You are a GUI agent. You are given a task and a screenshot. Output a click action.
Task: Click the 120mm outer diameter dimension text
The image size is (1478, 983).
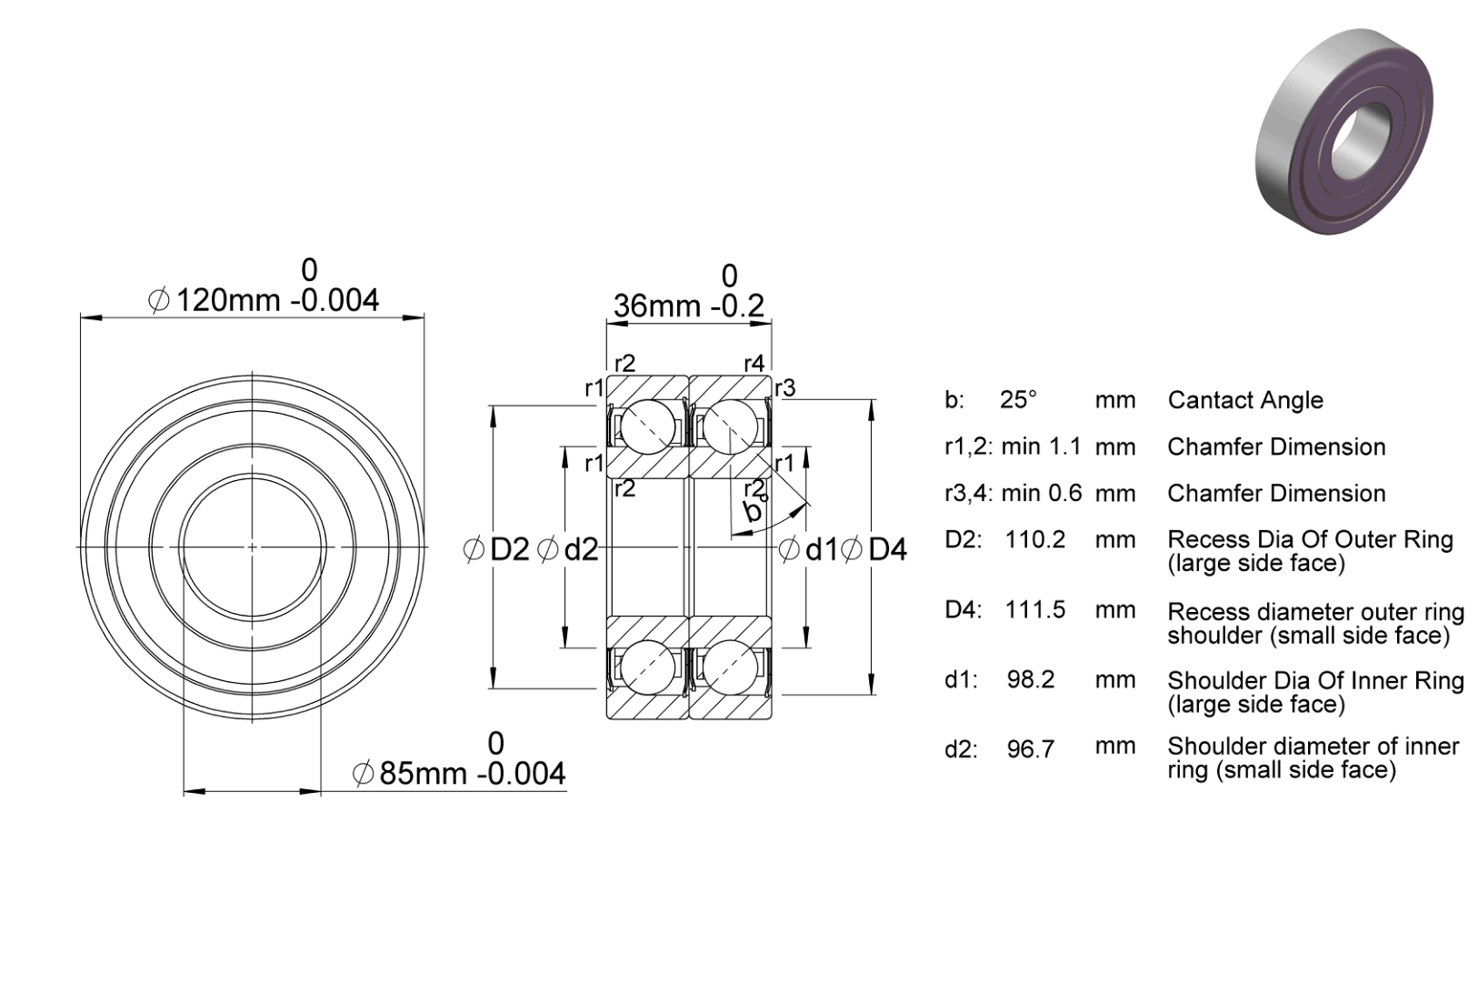pyautogui.click(x=264, y=300)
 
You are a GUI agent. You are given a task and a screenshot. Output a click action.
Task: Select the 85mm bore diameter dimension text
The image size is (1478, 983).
pyautogui.click(x=459, y=773)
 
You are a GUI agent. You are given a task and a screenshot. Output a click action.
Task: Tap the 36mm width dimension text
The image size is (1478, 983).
pyautogui.click(x=689, y=306)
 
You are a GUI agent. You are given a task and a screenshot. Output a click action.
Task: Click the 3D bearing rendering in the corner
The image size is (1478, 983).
pyautogui.click(x=1344, y=131)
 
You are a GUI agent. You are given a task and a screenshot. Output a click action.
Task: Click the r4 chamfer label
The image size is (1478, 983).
pyautogui.click(x=754, y=363)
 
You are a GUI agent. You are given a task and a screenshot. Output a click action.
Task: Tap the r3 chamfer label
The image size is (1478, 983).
pyautogui.click(x=785, y=388)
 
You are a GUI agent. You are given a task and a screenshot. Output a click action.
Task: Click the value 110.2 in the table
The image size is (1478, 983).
pyautogui.click(x=1034, y=540)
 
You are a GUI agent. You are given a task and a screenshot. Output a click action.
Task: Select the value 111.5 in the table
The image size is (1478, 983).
pyautogui.click(x=1034, y=609)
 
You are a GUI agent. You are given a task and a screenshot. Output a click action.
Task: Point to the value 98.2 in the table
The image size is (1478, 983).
pyautogui.click(x=1031, y=679)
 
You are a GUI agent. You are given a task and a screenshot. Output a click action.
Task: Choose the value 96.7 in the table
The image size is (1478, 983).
pyautogui.click(x=1031, y=749)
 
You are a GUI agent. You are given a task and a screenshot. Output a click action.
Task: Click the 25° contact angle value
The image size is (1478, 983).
pyautogui.click(x=1018, y=399)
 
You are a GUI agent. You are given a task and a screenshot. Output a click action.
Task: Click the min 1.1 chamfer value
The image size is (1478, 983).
pyautogui.click(x=1041, y=446)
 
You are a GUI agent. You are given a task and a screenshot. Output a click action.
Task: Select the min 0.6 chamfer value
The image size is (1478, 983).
pyautogui.click(x=1041, y=493)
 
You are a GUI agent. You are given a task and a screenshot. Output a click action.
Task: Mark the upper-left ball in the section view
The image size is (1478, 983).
pyautogui.click(x=648, y=427)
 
